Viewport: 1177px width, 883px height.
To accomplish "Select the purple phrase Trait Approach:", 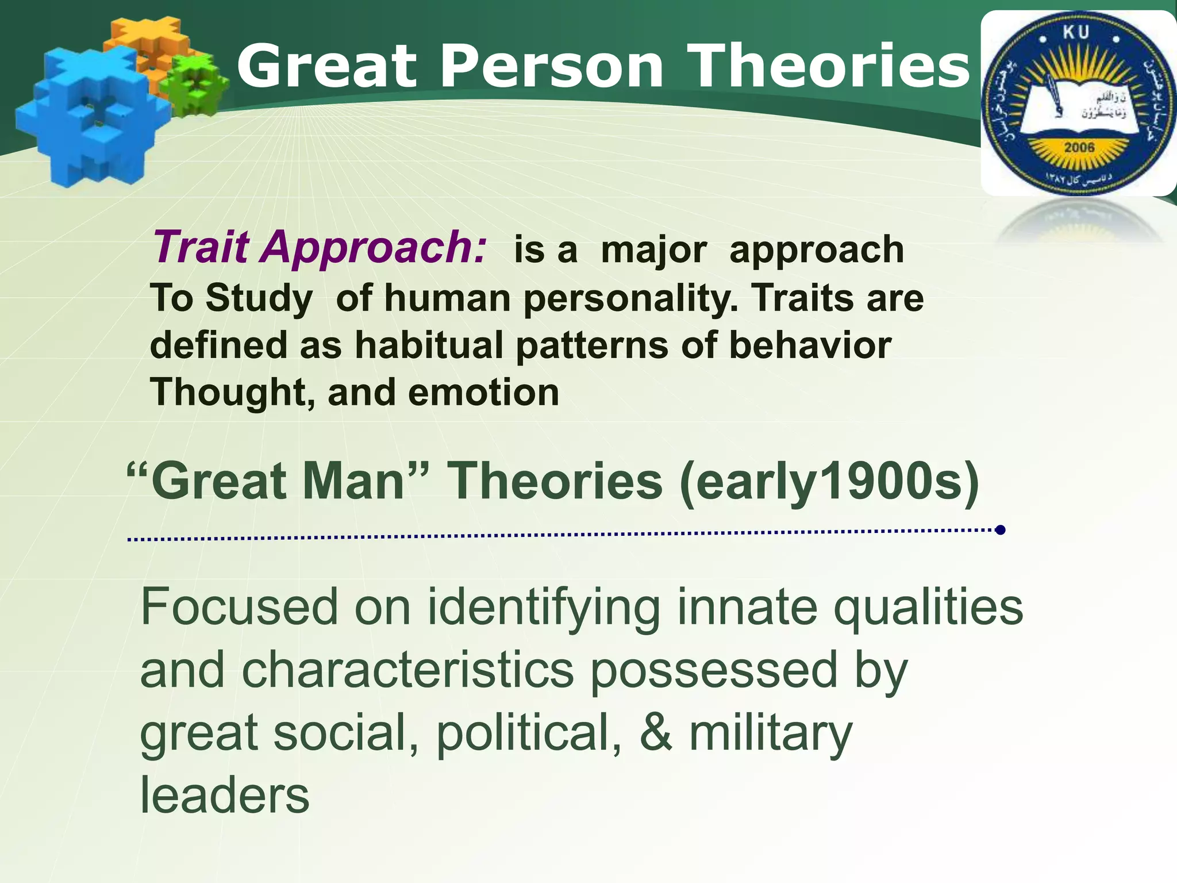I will (x=320, y=248).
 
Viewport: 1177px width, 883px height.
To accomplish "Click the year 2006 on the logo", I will (x=1079, y=147).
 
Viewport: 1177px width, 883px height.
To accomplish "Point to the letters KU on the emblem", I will (x=1076, y=33).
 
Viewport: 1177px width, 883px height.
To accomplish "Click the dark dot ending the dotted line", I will (x=1000, y=529).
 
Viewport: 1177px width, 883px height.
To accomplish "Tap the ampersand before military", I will (x=655, y=733).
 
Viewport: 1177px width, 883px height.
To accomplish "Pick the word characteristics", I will (x=407, y=670).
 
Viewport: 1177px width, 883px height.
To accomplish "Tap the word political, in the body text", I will (x=529, y=733).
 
